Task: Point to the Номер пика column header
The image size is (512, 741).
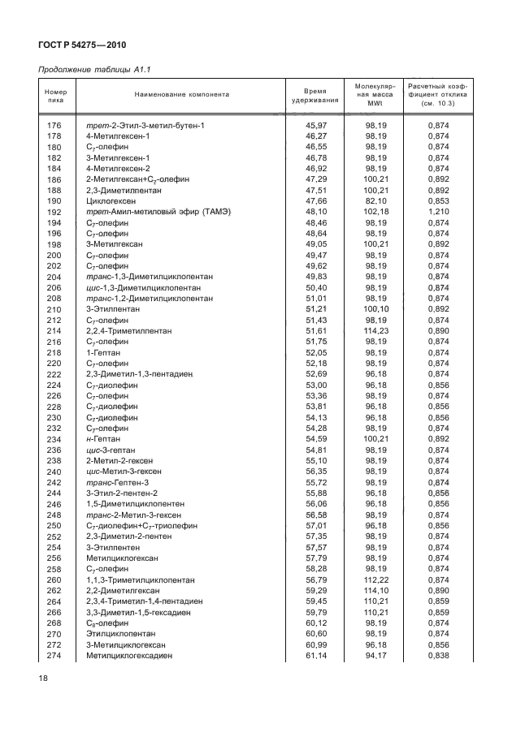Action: (x=55, y=95)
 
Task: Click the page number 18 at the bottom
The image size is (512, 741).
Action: (x=44, y=676)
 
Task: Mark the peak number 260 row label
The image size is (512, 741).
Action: (x=55, y=580)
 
